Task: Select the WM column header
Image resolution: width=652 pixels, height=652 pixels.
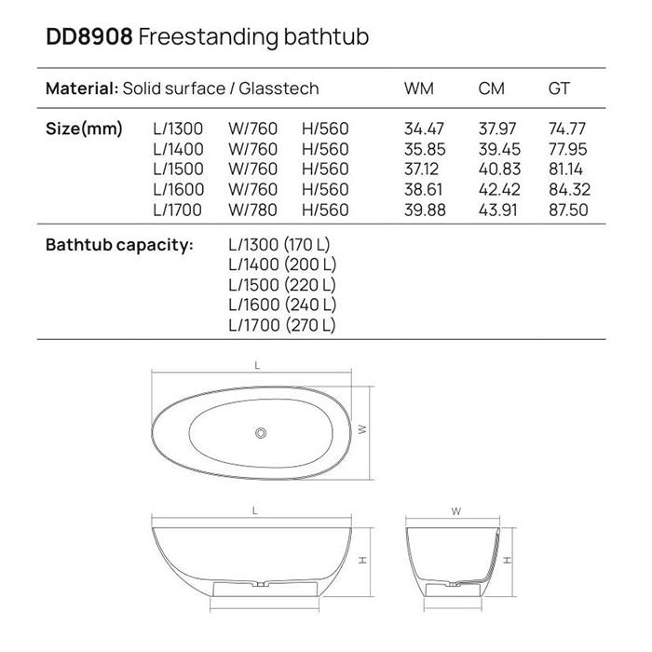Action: [x=419, y=89]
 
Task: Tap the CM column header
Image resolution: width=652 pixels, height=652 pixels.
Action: [x=491, y=89]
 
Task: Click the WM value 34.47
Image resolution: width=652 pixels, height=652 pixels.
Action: [x=424, y=129]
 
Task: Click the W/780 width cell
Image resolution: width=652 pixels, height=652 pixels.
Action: [x=252, y=210]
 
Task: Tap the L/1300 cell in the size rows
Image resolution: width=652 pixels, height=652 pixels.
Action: [x=177, y=129]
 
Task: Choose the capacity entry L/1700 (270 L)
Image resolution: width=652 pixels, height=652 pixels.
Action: [x=281, y=325]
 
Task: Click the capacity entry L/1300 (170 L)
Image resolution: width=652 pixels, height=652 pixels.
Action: [x=279, y=245]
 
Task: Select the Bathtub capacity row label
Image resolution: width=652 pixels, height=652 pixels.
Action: [x=119, y=245]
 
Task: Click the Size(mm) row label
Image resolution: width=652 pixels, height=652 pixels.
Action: [x=84, y=129]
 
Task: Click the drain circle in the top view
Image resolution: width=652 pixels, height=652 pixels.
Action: [x=262, y=432]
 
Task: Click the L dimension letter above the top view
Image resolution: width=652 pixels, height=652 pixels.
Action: [x=256, y=366]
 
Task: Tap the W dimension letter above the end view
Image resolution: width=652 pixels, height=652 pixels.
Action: [x=455, y=511]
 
